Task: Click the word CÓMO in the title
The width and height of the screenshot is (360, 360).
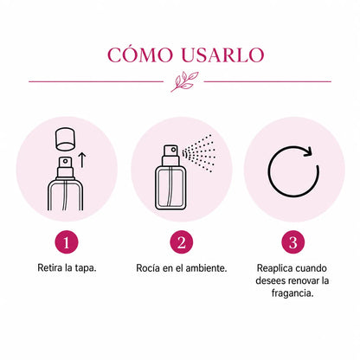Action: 140,54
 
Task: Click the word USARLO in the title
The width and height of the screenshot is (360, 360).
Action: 222,55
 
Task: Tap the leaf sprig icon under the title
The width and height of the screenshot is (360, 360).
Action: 184,82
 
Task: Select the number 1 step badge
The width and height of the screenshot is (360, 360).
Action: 67,242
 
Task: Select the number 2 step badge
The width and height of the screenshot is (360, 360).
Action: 182,242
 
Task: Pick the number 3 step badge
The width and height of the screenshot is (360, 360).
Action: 293,242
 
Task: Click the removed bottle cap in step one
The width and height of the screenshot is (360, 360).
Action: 66,139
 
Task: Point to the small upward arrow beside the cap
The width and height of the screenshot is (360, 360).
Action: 82,160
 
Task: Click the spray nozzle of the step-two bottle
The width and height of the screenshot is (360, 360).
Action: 170,151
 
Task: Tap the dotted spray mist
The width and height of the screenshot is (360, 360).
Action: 199,153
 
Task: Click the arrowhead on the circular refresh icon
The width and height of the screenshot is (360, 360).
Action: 308,151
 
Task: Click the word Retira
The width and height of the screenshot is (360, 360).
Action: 50,267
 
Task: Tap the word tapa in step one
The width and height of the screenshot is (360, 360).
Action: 85,268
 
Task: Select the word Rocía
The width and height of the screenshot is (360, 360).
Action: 148,268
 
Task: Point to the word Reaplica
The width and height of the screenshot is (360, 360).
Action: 274,268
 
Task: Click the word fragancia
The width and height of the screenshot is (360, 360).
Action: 292,293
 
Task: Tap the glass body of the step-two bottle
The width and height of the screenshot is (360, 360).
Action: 170,188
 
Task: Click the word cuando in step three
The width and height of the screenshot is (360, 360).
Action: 311,268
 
